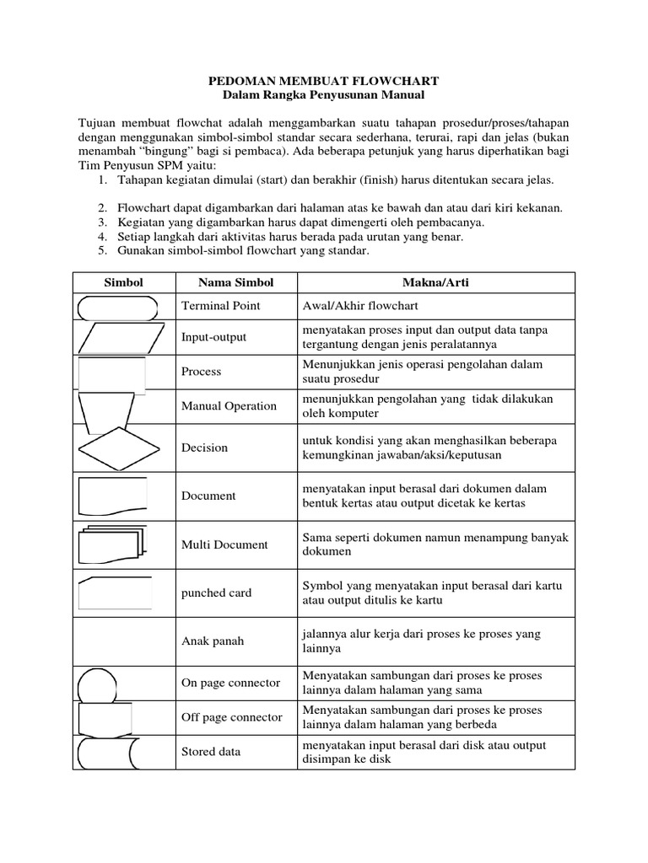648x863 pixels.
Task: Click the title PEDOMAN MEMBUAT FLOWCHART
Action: coord(324,81)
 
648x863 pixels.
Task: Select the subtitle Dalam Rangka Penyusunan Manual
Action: coord(324,96)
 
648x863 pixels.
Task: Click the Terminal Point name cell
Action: coord(221,306)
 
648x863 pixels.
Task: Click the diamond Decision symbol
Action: coord(118,448)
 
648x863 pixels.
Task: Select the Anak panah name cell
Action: coord(213,641)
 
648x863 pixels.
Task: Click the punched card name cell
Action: coord(217,592)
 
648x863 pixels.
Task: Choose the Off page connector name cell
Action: coord(232,717)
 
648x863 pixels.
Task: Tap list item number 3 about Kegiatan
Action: coord(300,222)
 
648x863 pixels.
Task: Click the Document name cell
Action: coord(208,496)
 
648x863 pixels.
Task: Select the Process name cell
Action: coord(202,371)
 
